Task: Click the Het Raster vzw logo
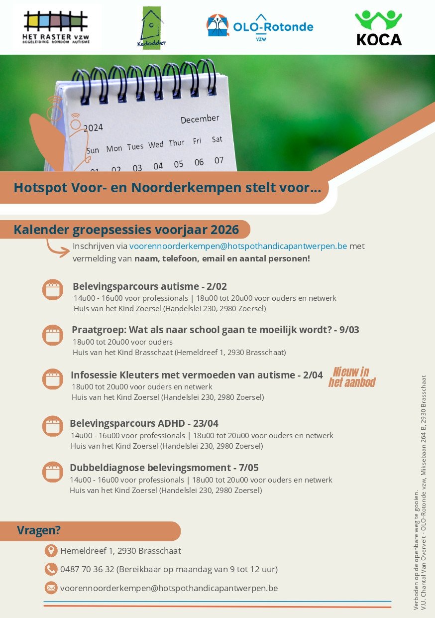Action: click(x=56, y=27)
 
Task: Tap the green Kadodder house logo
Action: click(x=151, y=28)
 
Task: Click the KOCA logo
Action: click(x=379, y=28)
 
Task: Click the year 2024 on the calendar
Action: click(x=93, y=128)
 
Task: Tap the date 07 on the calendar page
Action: click(x=219, y=160)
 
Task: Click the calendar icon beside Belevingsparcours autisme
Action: click(x=53, y=289)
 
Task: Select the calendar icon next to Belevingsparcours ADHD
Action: click(x=53, y=426)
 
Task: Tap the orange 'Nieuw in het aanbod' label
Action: click(x=351, y=377)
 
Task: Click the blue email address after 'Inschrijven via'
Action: click(x=238, y=246)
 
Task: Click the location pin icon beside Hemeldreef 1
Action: click(x=51, y=551)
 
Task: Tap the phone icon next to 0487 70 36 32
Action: click(x=51, y=569)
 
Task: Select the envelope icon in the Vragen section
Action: click(x=51, y=588)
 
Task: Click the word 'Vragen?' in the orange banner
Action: click(x=39, y=530)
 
